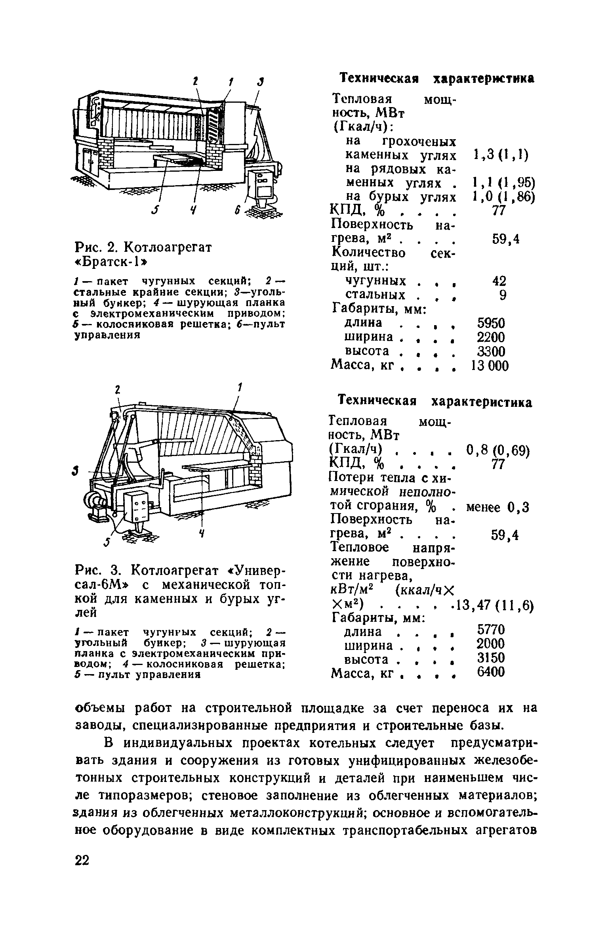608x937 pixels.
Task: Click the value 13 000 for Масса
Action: coord(488,365)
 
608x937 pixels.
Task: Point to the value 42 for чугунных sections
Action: coord(499,281)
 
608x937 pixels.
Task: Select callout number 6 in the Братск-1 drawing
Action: coord(237,211)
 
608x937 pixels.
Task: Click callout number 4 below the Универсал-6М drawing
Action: coord(202,533)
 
